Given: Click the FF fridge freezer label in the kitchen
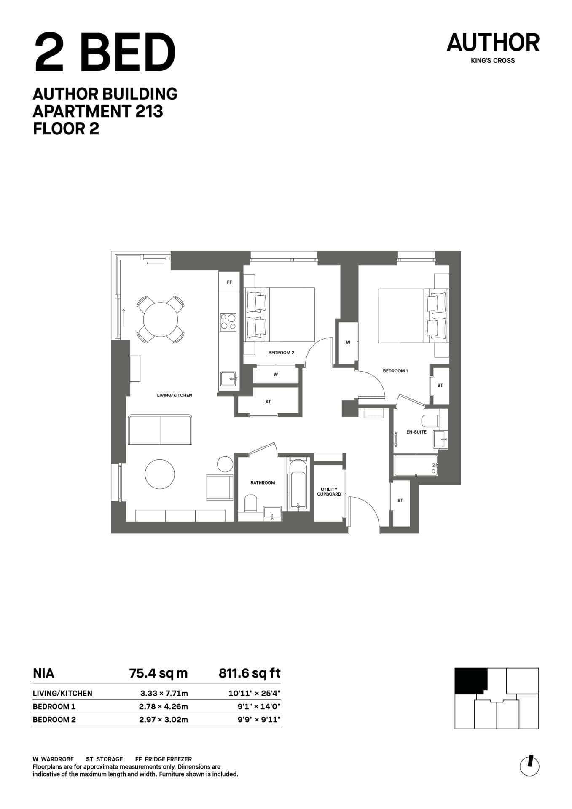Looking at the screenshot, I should tap(229, 282).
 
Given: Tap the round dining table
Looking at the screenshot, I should tap(161, 319).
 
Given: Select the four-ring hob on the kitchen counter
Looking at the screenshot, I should tap(228, 322).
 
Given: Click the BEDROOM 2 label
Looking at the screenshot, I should tap(281, 353).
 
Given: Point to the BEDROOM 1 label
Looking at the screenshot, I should tap(395, 371).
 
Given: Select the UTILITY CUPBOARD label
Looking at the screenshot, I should tap(329, 492).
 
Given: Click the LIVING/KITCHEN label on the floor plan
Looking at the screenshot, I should tap(175, 395).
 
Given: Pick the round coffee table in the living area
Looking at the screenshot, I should tap(160, 474).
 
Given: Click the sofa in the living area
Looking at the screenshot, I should tap(160, 429).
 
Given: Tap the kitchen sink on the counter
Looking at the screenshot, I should tap(228, 378).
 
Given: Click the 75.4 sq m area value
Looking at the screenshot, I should tap(158, 673).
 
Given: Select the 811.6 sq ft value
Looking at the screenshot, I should tap(250, 673).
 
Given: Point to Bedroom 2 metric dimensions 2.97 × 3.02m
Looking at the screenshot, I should tap(164, 720).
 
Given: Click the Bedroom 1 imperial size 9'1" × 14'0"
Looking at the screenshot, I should tap(259, 706).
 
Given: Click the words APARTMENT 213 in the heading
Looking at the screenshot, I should tap(98, 111).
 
